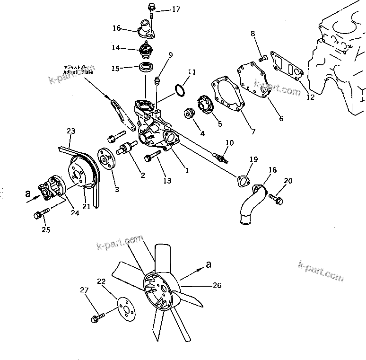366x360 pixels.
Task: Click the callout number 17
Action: (x=163, y=9)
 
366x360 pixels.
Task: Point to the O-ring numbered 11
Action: (x=179, y=89)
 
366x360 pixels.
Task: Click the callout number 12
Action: (x=310, y=98)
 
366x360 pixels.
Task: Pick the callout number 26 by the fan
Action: (x=217, y=285)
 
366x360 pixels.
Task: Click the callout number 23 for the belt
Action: (x=71, y=131)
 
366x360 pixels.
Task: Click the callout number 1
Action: (x=187, y=171)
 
